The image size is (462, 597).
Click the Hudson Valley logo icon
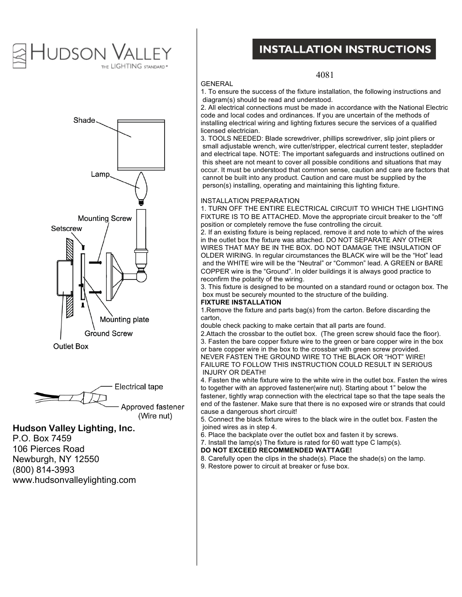[19, 56]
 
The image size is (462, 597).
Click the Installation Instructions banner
[344, 49]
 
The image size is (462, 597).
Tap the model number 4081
[325, 75]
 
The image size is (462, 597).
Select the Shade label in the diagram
[84, 120]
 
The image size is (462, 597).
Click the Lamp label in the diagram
[100, 174]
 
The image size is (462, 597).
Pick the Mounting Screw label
[105, 218]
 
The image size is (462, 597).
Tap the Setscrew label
[66, 229]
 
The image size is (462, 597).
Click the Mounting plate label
[124, 320]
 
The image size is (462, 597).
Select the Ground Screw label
[108, 334]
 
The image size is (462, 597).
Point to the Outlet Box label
[71, 346]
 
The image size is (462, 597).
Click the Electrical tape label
[139, 387]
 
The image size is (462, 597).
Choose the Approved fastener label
[153, 407]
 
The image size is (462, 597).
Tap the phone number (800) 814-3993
[44, 469]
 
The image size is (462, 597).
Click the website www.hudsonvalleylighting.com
[74, 480]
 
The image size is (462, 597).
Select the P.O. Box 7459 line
[42, 438]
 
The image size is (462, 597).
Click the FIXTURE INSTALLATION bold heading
[241, 302]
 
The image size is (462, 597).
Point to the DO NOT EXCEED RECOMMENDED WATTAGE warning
[276, 450]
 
